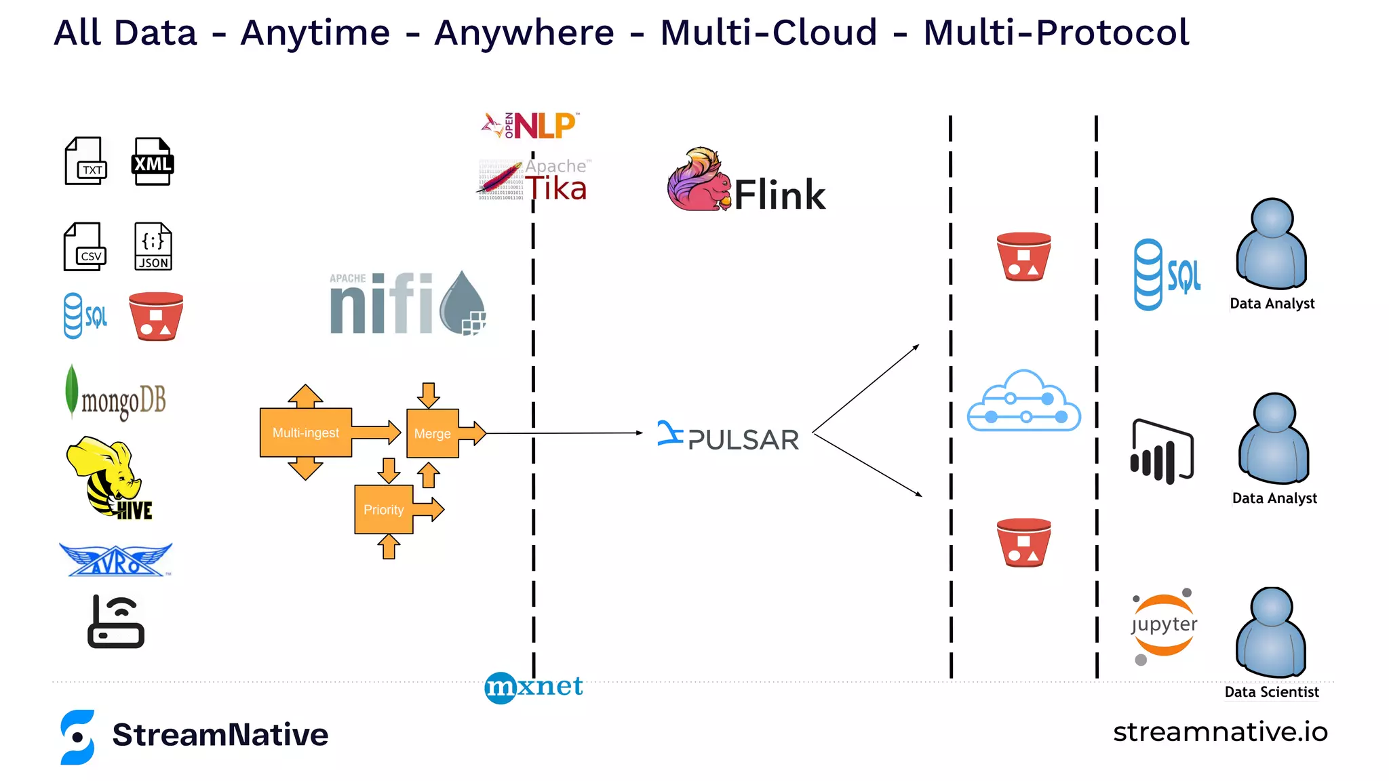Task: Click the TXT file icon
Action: [x=85, y=161]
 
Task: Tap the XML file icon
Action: [x=152, y=161]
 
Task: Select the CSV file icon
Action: [x=85, y=247]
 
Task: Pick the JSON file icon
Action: [x=153, y=247]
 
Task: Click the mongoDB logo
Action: [x=117, y=395]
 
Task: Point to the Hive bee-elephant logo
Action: [x=109, y=478]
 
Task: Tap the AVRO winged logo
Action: [x=116, y=561]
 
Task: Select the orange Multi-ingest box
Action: [x=305, y=433]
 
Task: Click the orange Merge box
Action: [x=433, y=433]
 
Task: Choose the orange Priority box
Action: [x=384, y=509]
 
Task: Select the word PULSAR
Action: [x=743, y=440]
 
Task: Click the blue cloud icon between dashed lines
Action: [x=1024, y=401]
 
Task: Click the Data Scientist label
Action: [x=1272, y=692]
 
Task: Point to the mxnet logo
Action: [x=534, y=687]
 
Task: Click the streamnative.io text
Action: [x=1220, y=732]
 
